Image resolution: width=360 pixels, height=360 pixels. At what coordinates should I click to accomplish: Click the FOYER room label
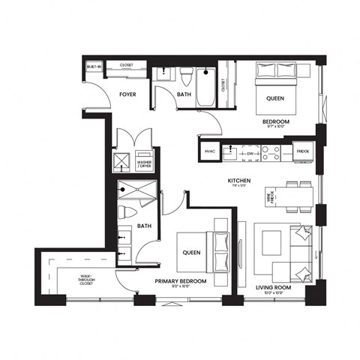pyautogui.click(x=127, y=95)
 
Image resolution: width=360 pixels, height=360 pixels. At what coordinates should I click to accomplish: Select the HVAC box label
pyautogui.click(x=210, y=151)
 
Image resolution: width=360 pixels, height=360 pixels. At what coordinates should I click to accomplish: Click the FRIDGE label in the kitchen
pyautogui.click(x=302, y=151)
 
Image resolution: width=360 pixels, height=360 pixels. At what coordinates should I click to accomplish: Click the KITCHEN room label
pyautogui.click(x=239, y=181)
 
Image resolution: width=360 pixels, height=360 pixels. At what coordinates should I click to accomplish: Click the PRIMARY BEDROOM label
pyautogui.click(x=181, y=282)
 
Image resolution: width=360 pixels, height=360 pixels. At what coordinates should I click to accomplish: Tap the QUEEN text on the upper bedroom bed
pyautogui.click(x=274, y=96)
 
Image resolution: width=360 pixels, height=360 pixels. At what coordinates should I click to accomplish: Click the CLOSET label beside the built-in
pyautogui.click(x=127, y=66)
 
